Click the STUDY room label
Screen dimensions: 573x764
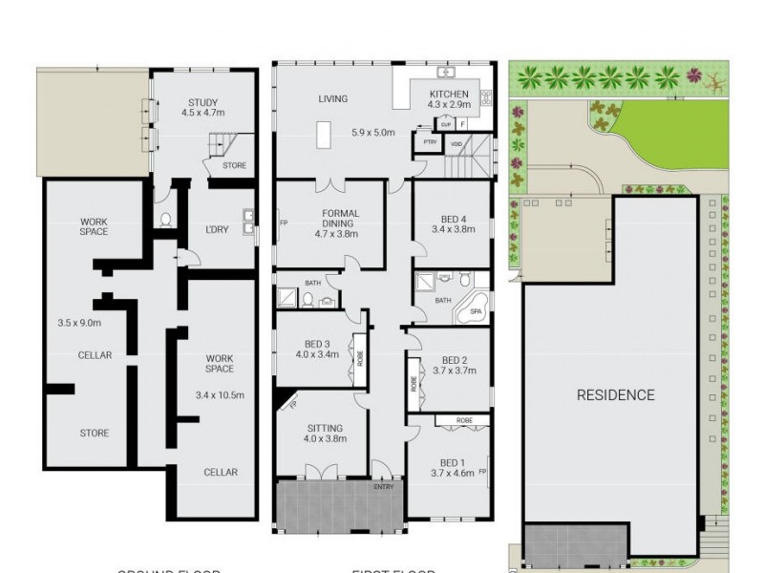[202, 103]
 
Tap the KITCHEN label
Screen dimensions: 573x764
[448, 94]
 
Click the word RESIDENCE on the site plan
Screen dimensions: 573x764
[615, 395]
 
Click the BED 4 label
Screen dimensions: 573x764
[453, 218]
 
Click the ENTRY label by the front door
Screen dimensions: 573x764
[383, 487]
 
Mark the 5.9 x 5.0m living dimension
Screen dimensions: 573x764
[372, 133]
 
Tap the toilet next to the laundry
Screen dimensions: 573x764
[165, 219]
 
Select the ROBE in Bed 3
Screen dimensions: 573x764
[359, 350]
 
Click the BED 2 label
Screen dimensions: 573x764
[452, 360]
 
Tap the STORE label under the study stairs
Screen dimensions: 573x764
[234, 166]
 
